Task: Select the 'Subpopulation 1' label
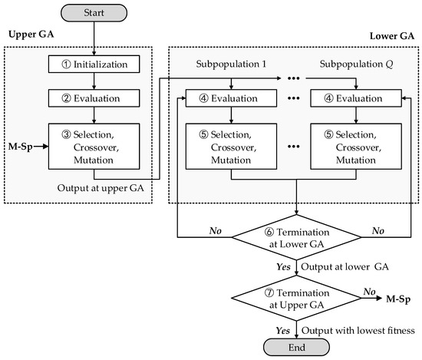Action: coord(230,64)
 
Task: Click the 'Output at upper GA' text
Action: coord(101,185)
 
